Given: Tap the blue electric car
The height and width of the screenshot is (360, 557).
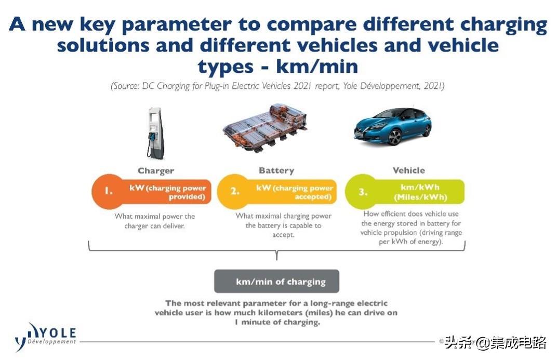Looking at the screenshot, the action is pyautogui.click(x=393, y=126).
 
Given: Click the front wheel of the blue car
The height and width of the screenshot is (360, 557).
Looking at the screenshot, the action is pyautogui.click(x=394, y=137).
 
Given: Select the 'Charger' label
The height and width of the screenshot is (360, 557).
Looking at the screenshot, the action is pyautogui.click(x=156, y=171).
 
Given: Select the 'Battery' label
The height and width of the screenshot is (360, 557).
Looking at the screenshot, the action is pyautogui.click(x=276, y=170).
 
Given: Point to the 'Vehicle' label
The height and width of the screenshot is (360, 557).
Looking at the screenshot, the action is pyautogui.click(x=408, y=170).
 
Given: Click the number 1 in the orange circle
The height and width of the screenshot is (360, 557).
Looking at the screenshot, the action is pyautogui.click(x=109, y=191).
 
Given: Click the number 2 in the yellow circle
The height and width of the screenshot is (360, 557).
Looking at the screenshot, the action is pyautogui.click(x=234, y=191).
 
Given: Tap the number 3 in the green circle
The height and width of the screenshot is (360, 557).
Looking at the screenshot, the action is pyautogui.click(x=362, y=192).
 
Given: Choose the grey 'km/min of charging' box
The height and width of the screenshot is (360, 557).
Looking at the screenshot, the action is pyautogui.click(x=276, y=281).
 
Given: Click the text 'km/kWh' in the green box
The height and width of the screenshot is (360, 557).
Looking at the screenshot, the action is pyautogui.click(x=420, y=187).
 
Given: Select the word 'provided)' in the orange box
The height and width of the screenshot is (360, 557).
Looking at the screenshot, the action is pyautogui.click(x=187, y=197).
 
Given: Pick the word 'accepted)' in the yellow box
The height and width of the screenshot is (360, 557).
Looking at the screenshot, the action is pyautogui.click(x=313, y=197).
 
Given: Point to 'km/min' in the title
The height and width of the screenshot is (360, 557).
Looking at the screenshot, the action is pyautogui.click(x=317, y=66).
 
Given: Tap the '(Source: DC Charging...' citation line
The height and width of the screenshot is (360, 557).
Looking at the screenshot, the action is pyautogui.click(x=277, y=86).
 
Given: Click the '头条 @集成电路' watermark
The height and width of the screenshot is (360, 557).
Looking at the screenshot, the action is pyautogui.click(x=495, y=343).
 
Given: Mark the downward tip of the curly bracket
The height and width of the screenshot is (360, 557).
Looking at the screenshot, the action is pyautogui.click(x=277, y=260).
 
